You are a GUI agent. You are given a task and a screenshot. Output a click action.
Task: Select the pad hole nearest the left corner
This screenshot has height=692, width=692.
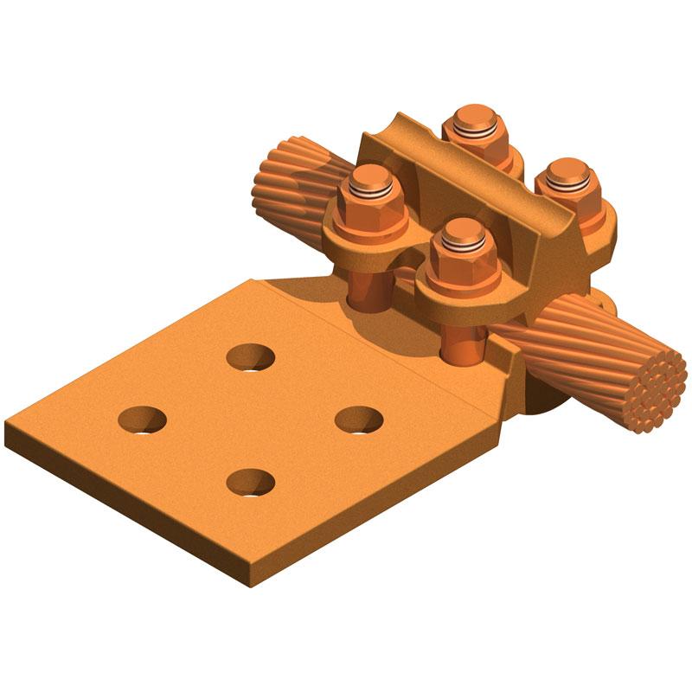coord(143,420)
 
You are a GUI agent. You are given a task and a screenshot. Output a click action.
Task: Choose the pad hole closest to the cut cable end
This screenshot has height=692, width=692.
coord(359,420)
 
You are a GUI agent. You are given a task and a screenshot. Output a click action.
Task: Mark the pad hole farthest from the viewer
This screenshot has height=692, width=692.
coord(251,356)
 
